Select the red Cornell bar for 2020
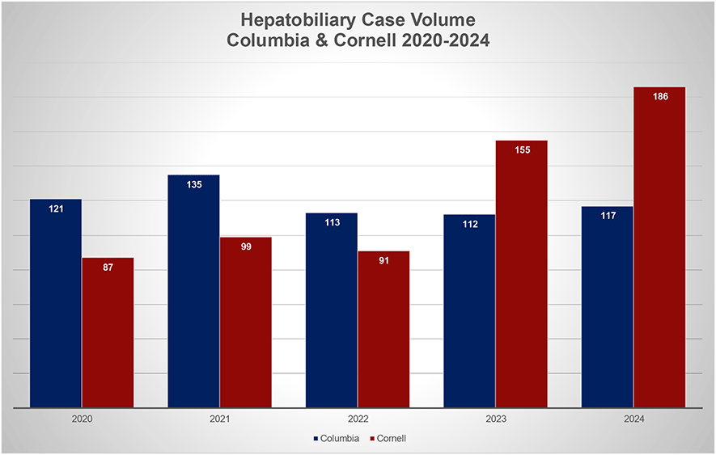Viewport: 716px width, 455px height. tap(108, 332)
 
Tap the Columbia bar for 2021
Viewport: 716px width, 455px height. tap(193, 291)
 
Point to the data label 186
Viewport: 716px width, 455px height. tap(659, 96)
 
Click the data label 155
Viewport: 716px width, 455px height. tap(522, 150)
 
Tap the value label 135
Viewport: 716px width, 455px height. tap(193, 184)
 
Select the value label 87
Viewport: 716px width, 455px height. tap(108, 267)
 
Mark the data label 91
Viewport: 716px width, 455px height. tap(383, 260)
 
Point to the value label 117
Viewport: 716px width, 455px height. tap(608, 216)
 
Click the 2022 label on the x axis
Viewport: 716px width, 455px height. tap(357, 419)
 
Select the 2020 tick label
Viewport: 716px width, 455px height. tap(82, 419)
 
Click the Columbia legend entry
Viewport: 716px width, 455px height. tap(336, 438)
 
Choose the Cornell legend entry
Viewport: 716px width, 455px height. tap(388, 438)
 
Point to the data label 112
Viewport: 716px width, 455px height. tap(469, 224)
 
